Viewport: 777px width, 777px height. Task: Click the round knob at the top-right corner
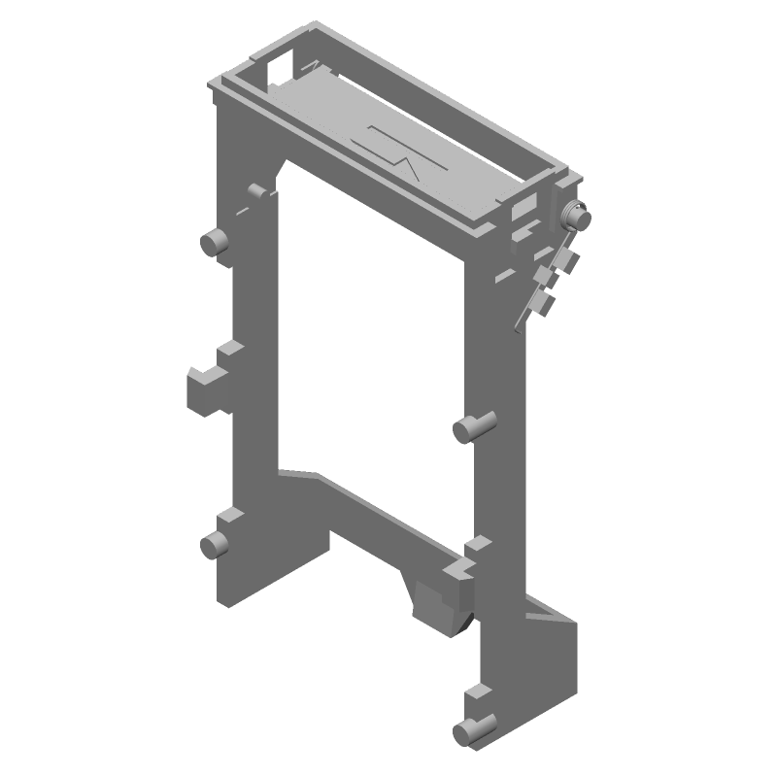pyautogui.click(x=579, y=218)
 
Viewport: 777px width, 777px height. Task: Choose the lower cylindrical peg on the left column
pyautogui.click(x=212, y=545)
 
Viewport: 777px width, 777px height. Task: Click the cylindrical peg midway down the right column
pyautogui.click(x=475, y=426)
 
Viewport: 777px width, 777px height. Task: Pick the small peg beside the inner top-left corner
pyautogui.click(x=256, y=190)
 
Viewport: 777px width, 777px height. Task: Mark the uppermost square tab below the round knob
pyautogui.click(x=565, y=259)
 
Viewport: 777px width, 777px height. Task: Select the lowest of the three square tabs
pyautogui.click(x=544, y=306)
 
